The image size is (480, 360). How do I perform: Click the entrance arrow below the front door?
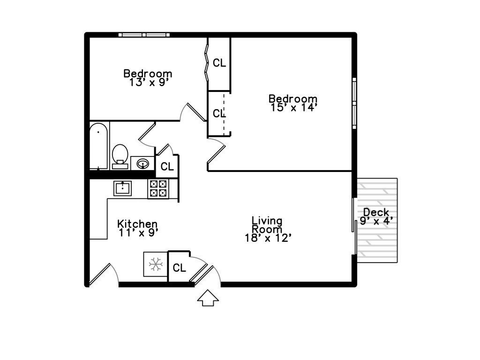[x=208, y=298]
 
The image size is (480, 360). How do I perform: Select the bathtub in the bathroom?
[x=98, y=146]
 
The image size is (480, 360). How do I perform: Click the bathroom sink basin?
[x=143, y=164]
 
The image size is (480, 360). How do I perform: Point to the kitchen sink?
[x=123, y=188]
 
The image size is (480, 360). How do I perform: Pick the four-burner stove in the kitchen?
[x=157, y=188]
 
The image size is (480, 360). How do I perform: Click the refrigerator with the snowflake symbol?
[x=155, y=265]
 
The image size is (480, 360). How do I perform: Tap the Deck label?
[x=376, y=212]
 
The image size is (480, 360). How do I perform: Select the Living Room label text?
[x=267, y=225]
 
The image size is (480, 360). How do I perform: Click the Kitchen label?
[x=137, y=224]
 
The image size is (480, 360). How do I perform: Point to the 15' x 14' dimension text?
[x=294, y=107]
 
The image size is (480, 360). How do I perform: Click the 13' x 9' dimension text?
[x=148, y=82]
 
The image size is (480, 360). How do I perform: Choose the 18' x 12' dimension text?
[x=268, y=238]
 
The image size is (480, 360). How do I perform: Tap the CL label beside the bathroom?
[x=167, y=166]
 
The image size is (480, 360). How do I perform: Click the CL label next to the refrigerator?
[x=180, y=268]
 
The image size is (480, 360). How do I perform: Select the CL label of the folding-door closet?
[x=219, y=63]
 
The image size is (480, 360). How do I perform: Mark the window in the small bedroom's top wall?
[x=144, y=34]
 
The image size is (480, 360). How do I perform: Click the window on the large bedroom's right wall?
[x=354, y=103]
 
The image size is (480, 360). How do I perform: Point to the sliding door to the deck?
[x=354, y=227]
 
